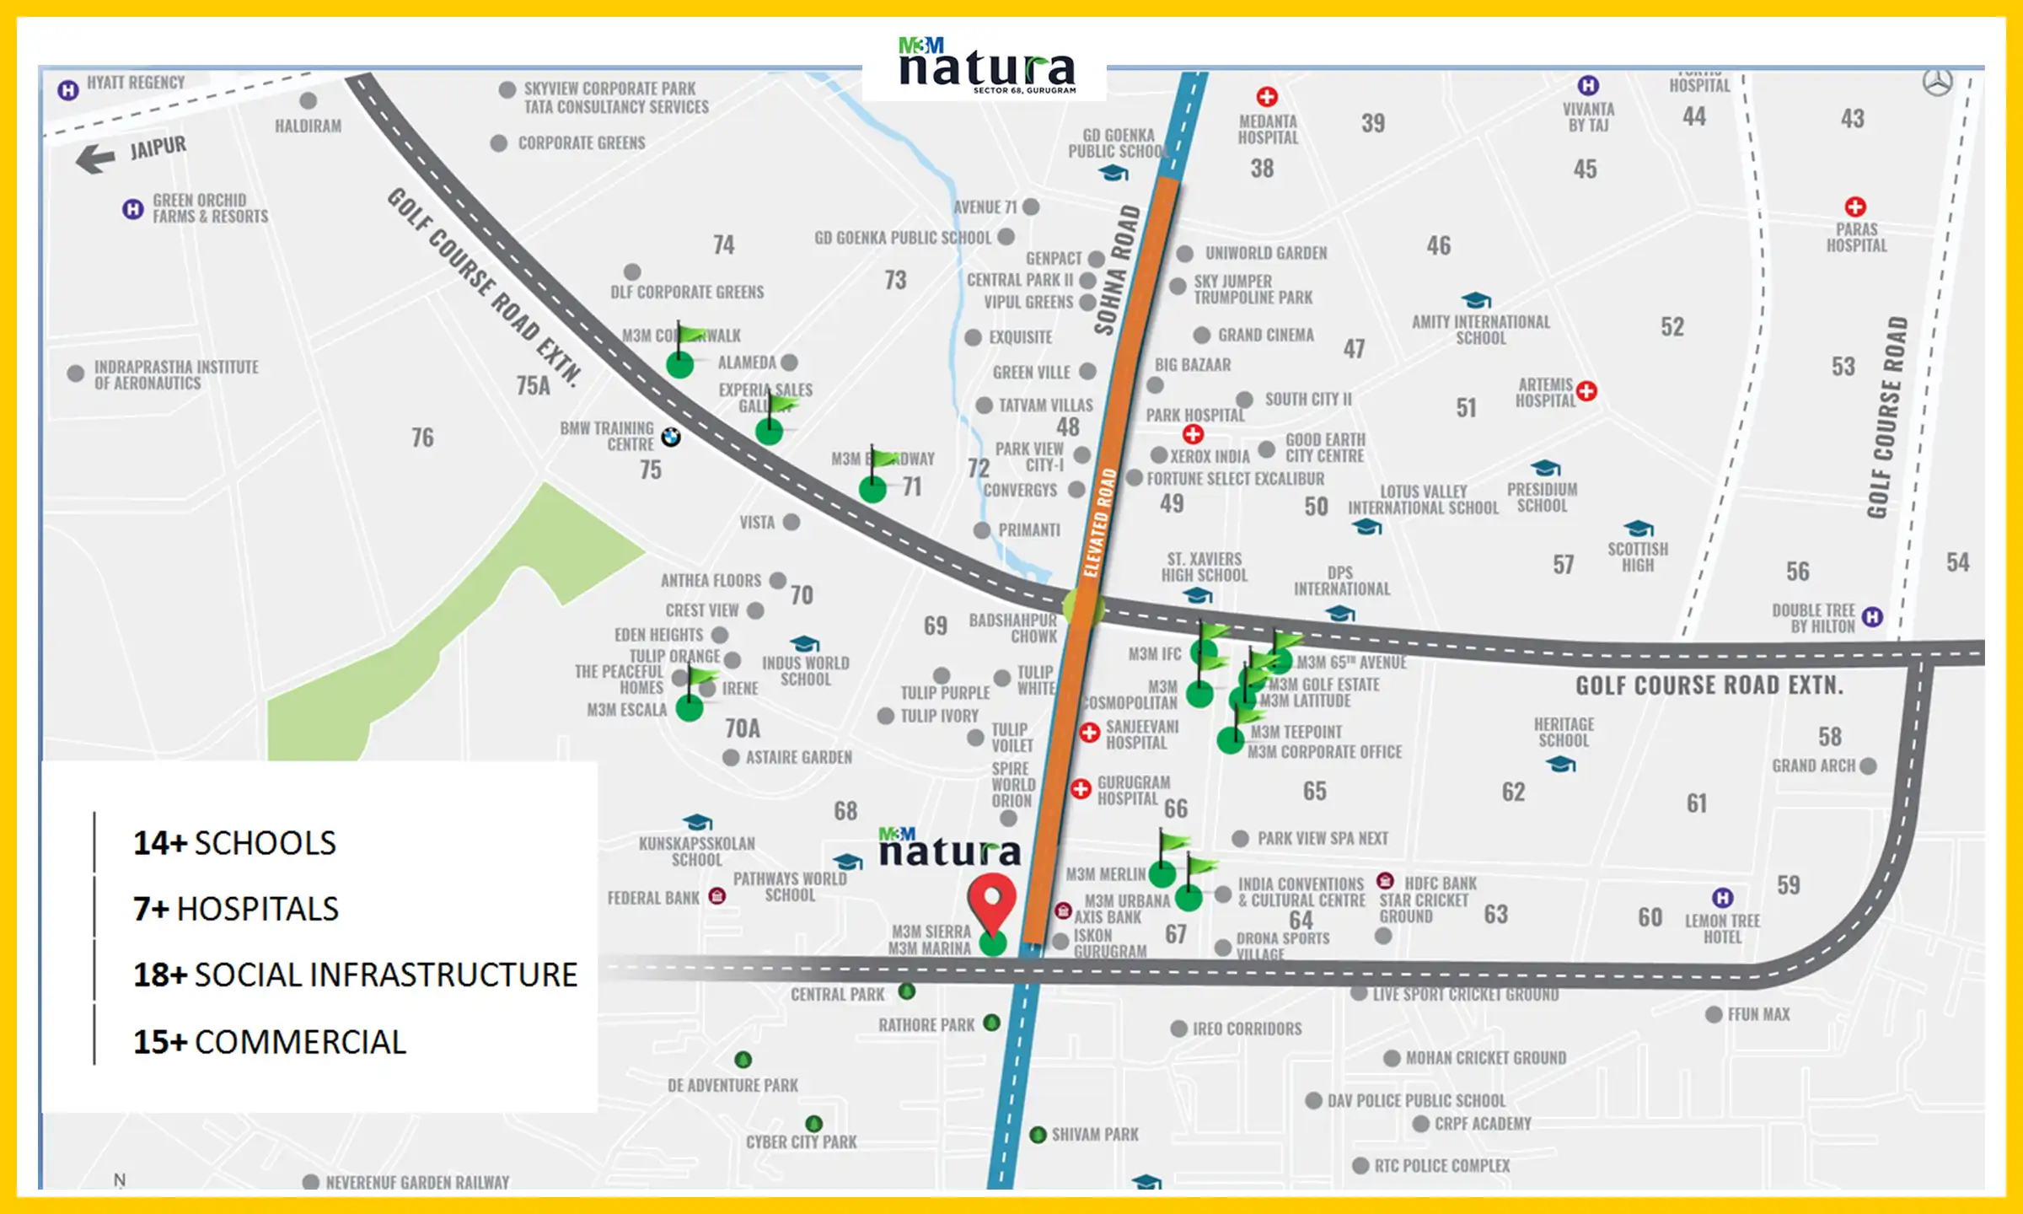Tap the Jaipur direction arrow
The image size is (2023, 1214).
click(95, 158)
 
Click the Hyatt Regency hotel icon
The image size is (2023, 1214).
click(68, 89)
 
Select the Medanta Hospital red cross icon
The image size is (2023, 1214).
click(1267, 97)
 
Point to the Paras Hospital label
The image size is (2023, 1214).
click(1857, 237)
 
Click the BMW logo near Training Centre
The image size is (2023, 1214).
click(671, 437)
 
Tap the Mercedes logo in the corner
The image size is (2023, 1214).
click(1937, 83)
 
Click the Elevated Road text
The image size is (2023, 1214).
click(1099, 523)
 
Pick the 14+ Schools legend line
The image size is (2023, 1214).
click(234, 843)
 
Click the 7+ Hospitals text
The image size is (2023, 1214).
click(236, 909)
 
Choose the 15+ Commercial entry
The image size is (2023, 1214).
click(270, 1042)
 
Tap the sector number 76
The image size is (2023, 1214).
click(422, 438)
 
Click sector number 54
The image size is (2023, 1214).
click(1957, 562)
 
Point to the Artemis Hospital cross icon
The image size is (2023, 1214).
click(1586, 391)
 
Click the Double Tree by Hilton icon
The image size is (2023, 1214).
click(1872, 616)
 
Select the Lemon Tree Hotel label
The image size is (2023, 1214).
click(1722, 928)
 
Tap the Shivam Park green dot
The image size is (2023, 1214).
click(1038, 1135)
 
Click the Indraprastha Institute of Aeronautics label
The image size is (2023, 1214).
click(176, 375)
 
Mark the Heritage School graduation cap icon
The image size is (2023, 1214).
click(1561, 764)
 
